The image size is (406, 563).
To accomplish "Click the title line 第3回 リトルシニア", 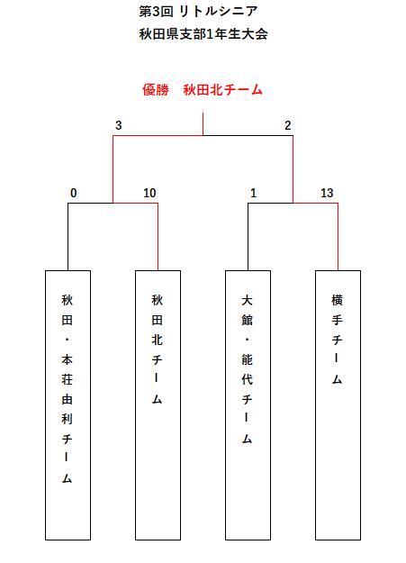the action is point(198,12).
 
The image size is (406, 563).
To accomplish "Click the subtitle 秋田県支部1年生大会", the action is point(203,34).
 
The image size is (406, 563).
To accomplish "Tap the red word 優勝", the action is point(156,89).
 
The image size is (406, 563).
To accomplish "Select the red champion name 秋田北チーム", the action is point(222,89).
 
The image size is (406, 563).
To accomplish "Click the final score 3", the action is point(119,125).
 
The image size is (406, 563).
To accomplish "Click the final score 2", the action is point(287,125).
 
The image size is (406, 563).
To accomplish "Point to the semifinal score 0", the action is point(74,193).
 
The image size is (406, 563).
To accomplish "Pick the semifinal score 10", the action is point(149,193).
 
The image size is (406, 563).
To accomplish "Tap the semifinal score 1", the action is point(254,193).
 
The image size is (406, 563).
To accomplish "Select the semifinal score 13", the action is point(327,193).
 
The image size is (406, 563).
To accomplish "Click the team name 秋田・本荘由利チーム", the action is point(68,388).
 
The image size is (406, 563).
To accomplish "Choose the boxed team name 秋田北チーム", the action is point(157,349).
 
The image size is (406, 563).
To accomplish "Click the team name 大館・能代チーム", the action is point(247,368).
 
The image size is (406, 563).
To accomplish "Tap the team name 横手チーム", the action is point(337,339).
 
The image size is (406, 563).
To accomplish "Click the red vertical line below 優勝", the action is point(203,124).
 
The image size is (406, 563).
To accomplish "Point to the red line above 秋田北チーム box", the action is point(158,237).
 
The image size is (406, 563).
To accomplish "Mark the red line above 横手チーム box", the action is point(338,237).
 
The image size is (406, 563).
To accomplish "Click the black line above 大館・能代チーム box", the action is point(248,237).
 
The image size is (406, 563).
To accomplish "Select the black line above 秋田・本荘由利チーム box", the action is point(68,237).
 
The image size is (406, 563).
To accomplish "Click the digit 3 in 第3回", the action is point(156,12).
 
